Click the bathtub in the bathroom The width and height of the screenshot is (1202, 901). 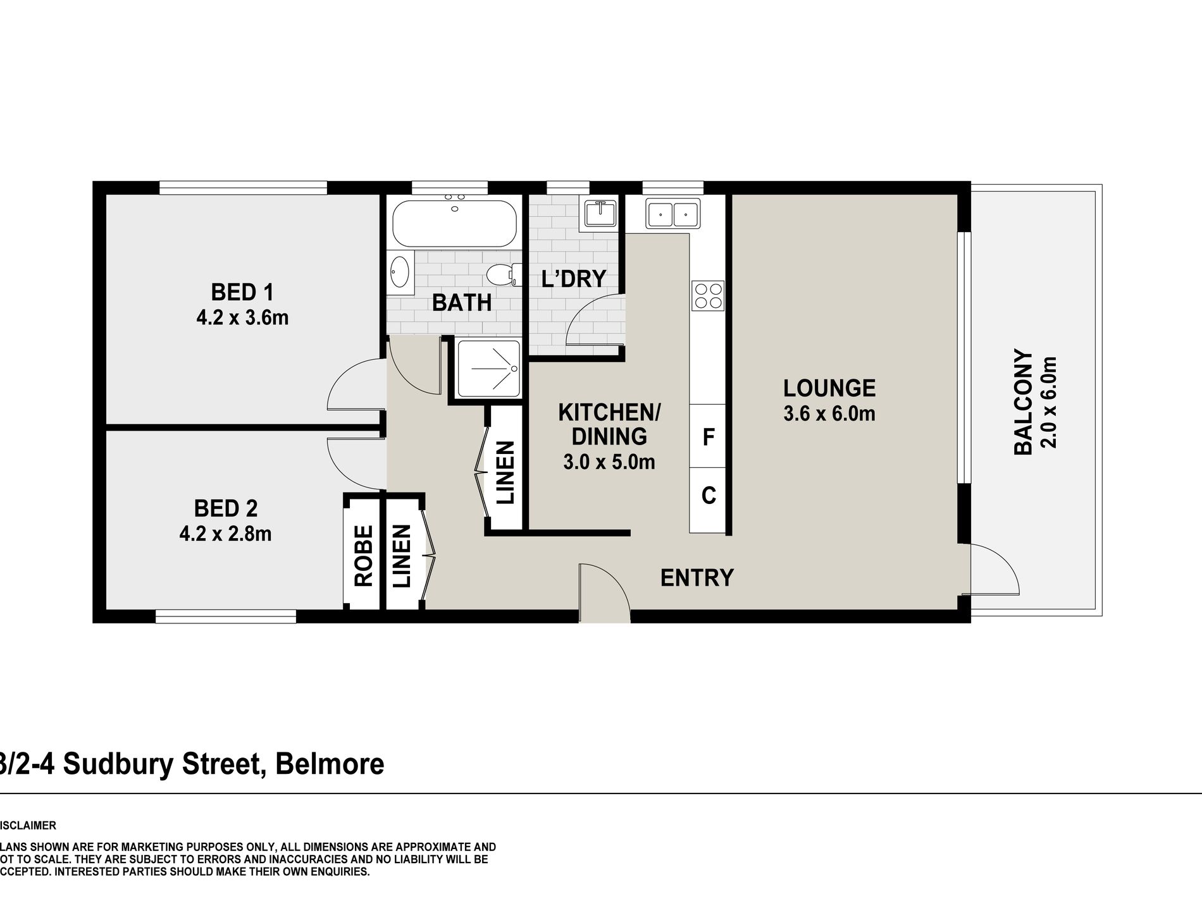coord(454,223)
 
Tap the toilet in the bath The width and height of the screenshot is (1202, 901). coord(502,274)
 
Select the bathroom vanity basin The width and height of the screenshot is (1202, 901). coord(400,273)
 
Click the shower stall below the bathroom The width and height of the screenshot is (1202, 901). coord(488,369)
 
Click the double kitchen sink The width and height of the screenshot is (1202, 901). coord(672,213)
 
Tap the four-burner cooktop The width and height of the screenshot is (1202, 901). coord(708,295)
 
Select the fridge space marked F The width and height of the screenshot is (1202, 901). coord(708,436)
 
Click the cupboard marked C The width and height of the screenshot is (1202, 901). coord(708,495)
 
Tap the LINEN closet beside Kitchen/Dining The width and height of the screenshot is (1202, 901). coord(505,472)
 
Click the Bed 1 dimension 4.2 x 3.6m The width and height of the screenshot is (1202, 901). coord(242,317)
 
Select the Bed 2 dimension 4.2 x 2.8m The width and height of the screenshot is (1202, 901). coord(225,534)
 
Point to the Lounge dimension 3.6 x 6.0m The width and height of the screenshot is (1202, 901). coord(829,414)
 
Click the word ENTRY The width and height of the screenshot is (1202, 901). coord(697,578)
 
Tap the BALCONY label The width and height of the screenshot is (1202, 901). coord(1023,401)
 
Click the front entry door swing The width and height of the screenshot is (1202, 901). coord(604,591)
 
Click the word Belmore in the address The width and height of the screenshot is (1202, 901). coord(330,764)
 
